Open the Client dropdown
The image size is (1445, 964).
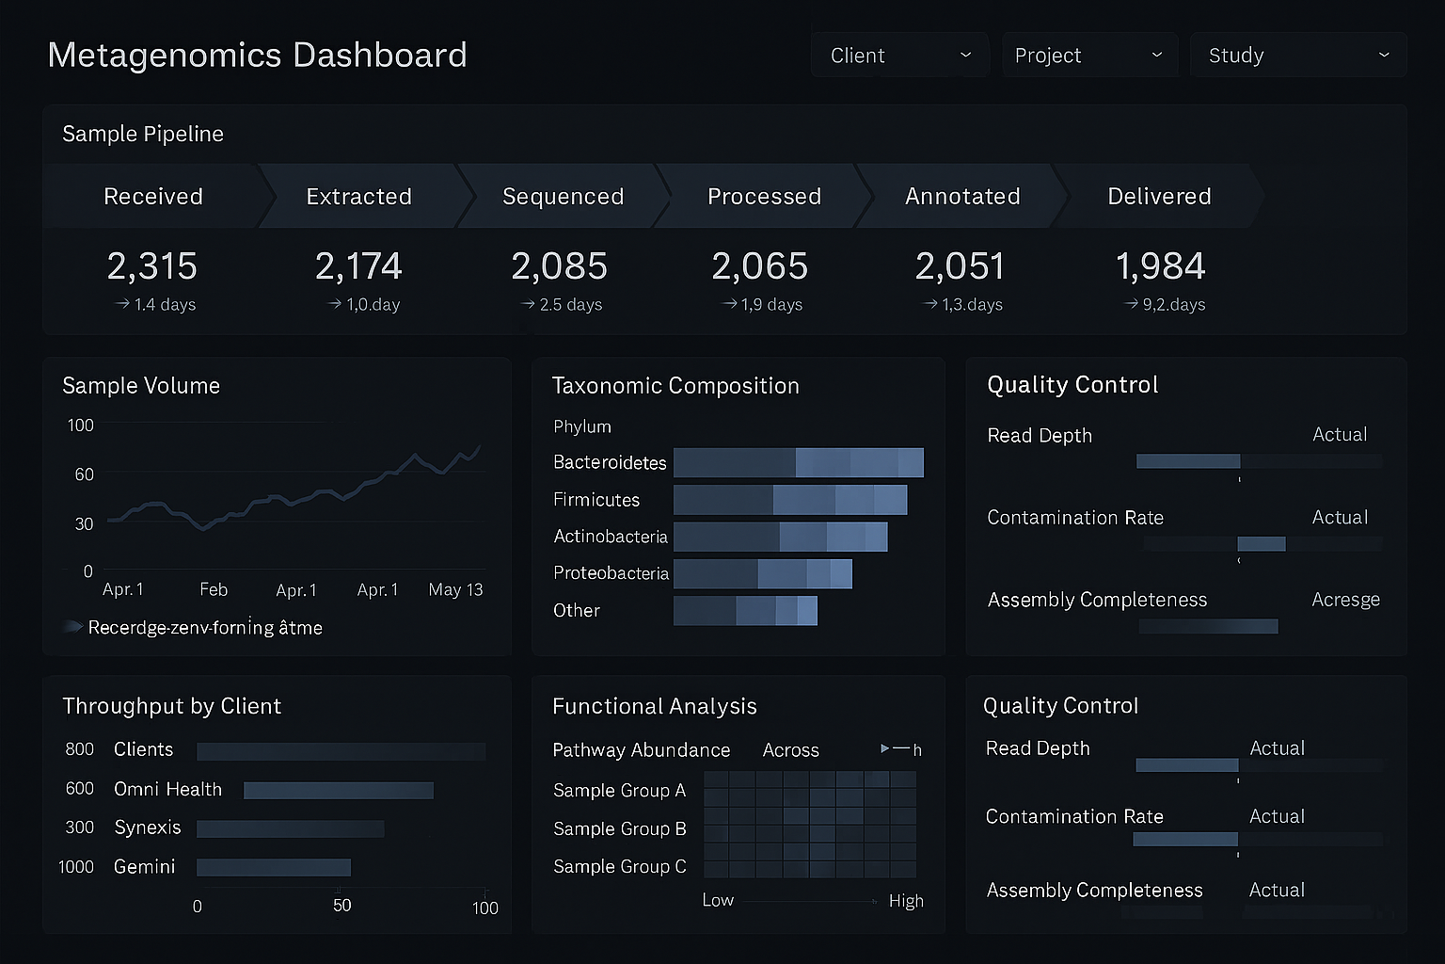pos(899,56)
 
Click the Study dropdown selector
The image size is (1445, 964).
pos(1298,56)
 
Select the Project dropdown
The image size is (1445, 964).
pos(1088,56)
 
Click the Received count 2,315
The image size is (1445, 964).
pos(152,266)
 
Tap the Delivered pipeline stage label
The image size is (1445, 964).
pos(1159,196)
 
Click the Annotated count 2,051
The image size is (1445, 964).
pos(960,266)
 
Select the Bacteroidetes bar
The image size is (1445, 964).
pos(798,462)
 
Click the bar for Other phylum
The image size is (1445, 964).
pos(745,610)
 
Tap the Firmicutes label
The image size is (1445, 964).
pos(596,500)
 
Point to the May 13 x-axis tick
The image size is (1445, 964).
pos(455,589)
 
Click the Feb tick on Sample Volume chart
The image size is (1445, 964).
pos(214,589)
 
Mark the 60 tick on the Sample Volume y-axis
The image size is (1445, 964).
pos(85,474)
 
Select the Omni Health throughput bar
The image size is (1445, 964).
pos(338,790)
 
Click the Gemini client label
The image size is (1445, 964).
pos(144,866)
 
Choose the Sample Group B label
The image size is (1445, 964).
pos(619,828)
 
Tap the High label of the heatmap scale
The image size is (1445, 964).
pos(906,901)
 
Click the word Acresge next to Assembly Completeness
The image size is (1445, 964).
pos(1345,600)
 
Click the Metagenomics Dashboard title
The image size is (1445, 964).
pos(257,55)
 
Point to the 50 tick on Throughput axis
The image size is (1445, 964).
pos(341,905)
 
